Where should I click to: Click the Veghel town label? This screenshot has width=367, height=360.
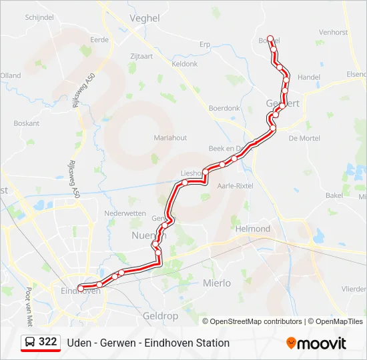click(145, 19)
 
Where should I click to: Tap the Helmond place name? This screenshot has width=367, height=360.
click(254, 229)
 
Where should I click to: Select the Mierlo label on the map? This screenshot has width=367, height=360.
click(216, 283)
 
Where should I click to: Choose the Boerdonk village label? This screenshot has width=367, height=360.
click(224, 108)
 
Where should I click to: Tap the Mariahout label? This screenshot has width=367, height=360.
click(170, 137)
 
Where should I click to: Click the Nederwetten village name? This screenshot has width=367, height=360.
click(125, 213)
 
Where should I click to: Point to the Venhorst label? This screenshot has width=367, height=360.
click(333, 32)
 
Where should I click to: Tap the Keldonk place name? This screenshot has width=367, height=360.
click(185, 64)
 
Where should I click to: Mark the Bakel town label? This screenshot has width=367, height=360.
click(334, 195)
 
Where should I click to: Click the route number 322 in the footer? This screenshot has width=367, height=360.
click(47, 342)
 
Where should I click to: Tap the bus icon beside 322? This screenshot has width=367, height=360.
click(30, 342)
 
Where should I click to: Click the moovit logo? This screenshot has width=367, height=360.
click(316, 343)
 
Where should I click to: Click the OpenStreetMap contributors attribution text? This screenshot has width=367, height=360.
click(256, 321)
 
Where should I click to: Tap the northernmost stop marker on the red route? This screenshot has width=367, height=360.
click(270, 39)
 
